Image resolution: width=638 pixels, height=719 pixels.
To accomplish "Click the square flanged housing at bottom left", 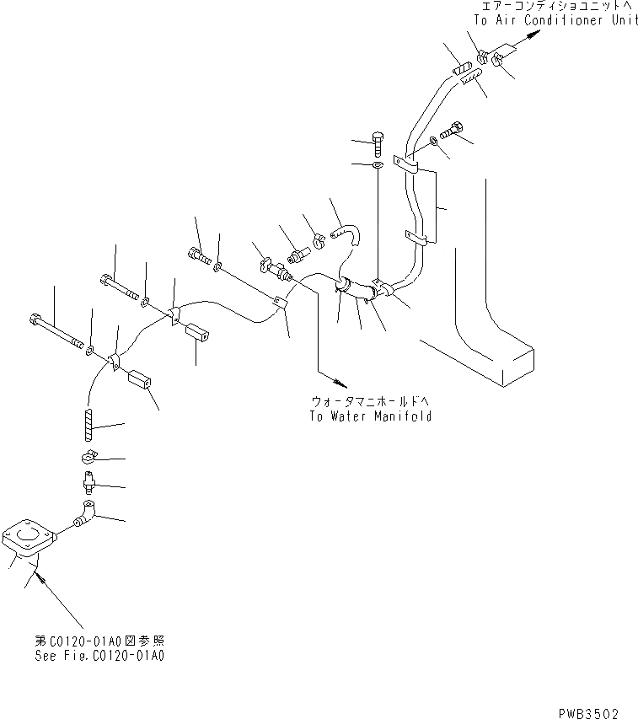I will tap(28, 540).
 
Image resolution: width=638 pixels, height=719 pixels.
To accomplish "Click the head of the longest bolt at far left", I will tap(35, 319).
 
